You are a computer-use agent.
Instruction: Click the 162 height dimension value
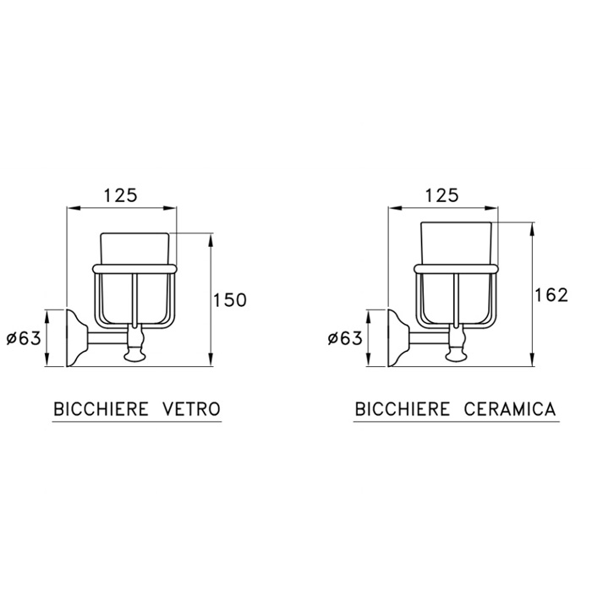pos(551,294)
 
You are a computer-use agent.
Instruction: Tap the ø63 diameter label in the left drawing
pos(24,338)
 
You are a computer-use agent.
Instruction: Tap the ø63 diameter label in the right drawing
pos(344,338)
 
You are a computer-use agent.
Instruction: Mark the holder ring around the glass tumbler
pos(135,270)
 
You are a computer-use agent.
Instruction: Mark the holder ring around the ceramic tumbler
pos(456,270)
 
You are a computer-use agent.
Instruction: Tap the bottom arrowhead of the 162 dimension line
pos(531,359)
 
